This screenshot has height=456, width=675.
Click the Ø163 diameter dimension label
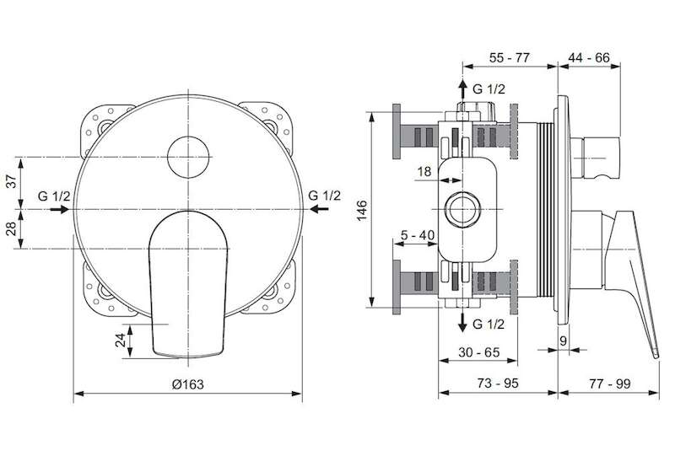point(187,384)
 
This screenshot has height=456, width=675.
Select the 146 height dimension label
point(362,210)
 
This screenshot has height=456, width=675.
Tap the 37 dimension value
point(13,181)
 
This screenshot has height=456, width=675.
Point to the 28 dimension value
point(13,228)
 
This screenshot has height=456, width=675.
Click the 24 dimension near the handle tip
point(121,340)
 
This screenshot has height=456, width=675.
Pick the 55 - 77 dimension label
point(510,57)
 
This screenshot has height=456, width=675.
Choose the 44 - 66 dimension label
point(589,57)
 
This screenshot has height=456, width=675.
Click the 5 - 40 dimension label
point(417,235)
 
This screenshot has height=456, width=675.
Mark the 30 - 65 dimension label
point(478,352)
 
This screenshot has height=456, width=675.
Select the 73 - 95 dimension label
point(498,383)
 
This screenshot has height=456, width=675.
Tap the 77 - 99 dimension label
point(610,383)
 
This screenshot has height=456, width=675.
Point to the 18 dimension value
point(424,172)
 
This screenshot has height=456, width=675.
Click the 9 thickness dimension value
point(564,341)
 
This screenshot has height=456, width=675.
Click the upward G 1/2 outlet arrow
point(462,89)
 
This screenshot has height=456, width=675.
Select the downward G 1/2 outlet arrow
point(462,322)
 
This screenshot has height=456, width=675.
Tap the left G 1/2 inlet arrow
point(59,210)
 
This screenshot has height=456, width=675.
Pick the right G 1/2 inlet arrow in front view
point(320,210)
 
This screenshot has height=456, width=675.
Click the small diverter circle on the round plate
point(188,157)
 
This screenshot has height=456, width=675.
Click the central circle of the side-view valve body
point(462,210)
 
